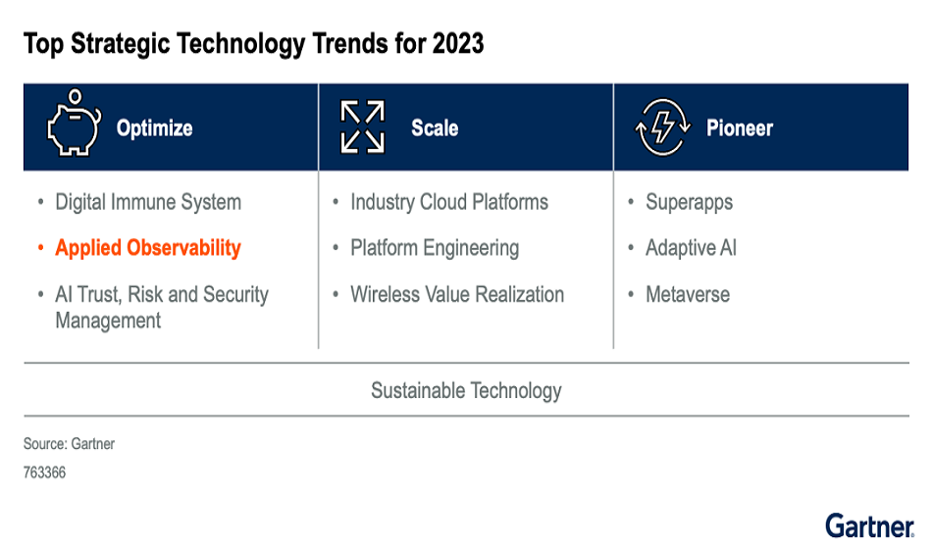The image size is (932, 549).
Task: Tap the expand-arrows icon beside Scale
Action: pyautogui.click(x=362, y=127)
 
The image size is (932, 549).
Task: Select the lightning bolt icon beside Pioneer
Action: pyautogui.click(x=657, y=128)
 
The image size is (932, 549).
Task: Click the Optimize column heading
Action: pyautogui.click(x=154, y=128)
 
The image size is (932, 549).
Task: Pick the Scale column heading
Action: pyautogui.click(x=435, y=128)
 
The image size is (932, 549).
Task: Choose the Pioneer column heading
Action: pyautogui.click(x=739, y=128)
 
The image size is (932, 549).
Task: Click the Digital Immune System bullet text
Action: pyautogui.click(x=148, y=203)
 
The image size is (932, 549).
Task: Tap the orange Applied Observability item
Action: pyautogui.click(x=148, y=248)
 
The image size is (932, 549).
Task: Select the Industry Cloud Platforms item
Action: pyautogui.click(x=449, y=203)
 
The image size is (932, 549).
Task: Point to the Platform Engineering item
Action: pyautogui.click(x=435, y=248)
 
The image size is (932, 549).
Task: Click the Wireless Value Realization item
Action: pyautogui.click(x=457, y=294)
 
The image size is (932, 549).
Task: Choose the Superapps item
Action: pyautogui.click(x=689, y=203)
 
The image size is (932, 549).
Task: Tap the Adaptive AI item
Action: pyautogui.click(x=691, y=248)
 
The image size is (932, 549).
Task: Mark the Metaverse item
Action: pyautogui.click(x=688, y=294)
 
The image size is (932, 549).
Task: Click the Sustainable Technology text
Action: pyautogui.click(x=466, y=390)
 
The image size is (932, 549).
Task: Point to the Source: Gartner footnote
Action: pyautogui.click(x=69, y=444)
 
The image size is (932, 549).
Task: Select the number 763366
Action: pyautogui.click(x=44, y=473)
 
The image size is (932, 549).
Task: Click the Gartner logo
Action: pyautogui.click(x=869, y=525)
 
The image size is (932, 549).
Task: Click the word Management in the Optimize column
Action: pyautogui.click(x=108, y=321)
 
